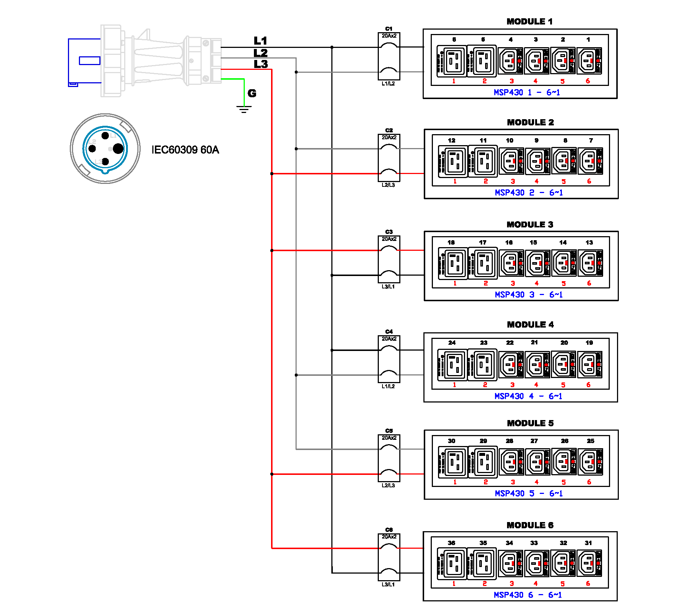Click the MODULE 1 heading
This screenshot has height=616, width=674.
pyautogui.click(x=529, y=22)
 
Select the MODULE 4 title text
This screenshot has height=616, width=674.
pyautogui.click(x=530, y=325)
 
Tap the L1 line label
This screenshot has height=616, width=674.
pyautogui.click(x=260, y=41)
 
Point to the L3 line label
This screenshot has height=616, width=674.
pyautogui.click(x=261, y=64)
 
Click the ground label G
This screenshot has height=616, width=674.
pyautogui.click(x=252, y=93)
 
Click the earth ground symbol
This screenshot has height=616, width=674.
pyautogui.click(x=244, y=109)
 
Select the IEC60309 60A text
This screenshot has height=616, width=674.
pyautogui.click(x=185, y=150)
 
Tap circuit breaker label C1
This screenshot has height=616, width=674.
pyautogui.click(x=389, y=29)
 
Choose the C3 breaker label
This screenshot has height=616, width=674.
pyautogui.click(x=389, y=232)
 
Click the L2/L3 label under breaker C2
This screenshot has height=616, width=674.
pyautogui.click(x=388, y=185)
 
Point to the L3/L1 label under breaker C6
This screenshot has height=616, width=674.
pyautogui.click(x=388, y=585)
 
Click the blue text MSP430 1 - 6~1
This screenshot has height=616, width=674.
pyautogui.click(x=527, y=92)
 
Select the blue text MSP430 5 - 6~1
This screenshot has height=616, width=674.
pyautogui.click(x=529, y=494)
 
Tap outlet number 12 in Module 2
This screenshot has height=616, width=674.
pyautogui.click(x=452, y=140)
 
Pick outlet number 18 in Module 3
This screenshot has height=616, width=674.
pyautogui.click(x=451, y=242)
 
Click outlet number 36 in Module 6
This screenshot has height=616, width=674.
pyautogui.click(x=452, y=543)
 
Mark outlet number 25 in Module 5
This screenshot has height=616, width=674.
pyautogui.click(x=590, y=441)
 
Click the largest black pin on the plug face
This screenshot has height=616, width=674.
pyautogui.click(x=118, y=149)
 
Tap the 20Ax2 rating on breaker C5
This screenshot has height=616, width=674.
pyautogui.click(x=389, y=438)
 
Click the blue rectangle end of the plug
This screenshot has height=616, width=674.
pyautogui.click(x=84, y=61)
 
